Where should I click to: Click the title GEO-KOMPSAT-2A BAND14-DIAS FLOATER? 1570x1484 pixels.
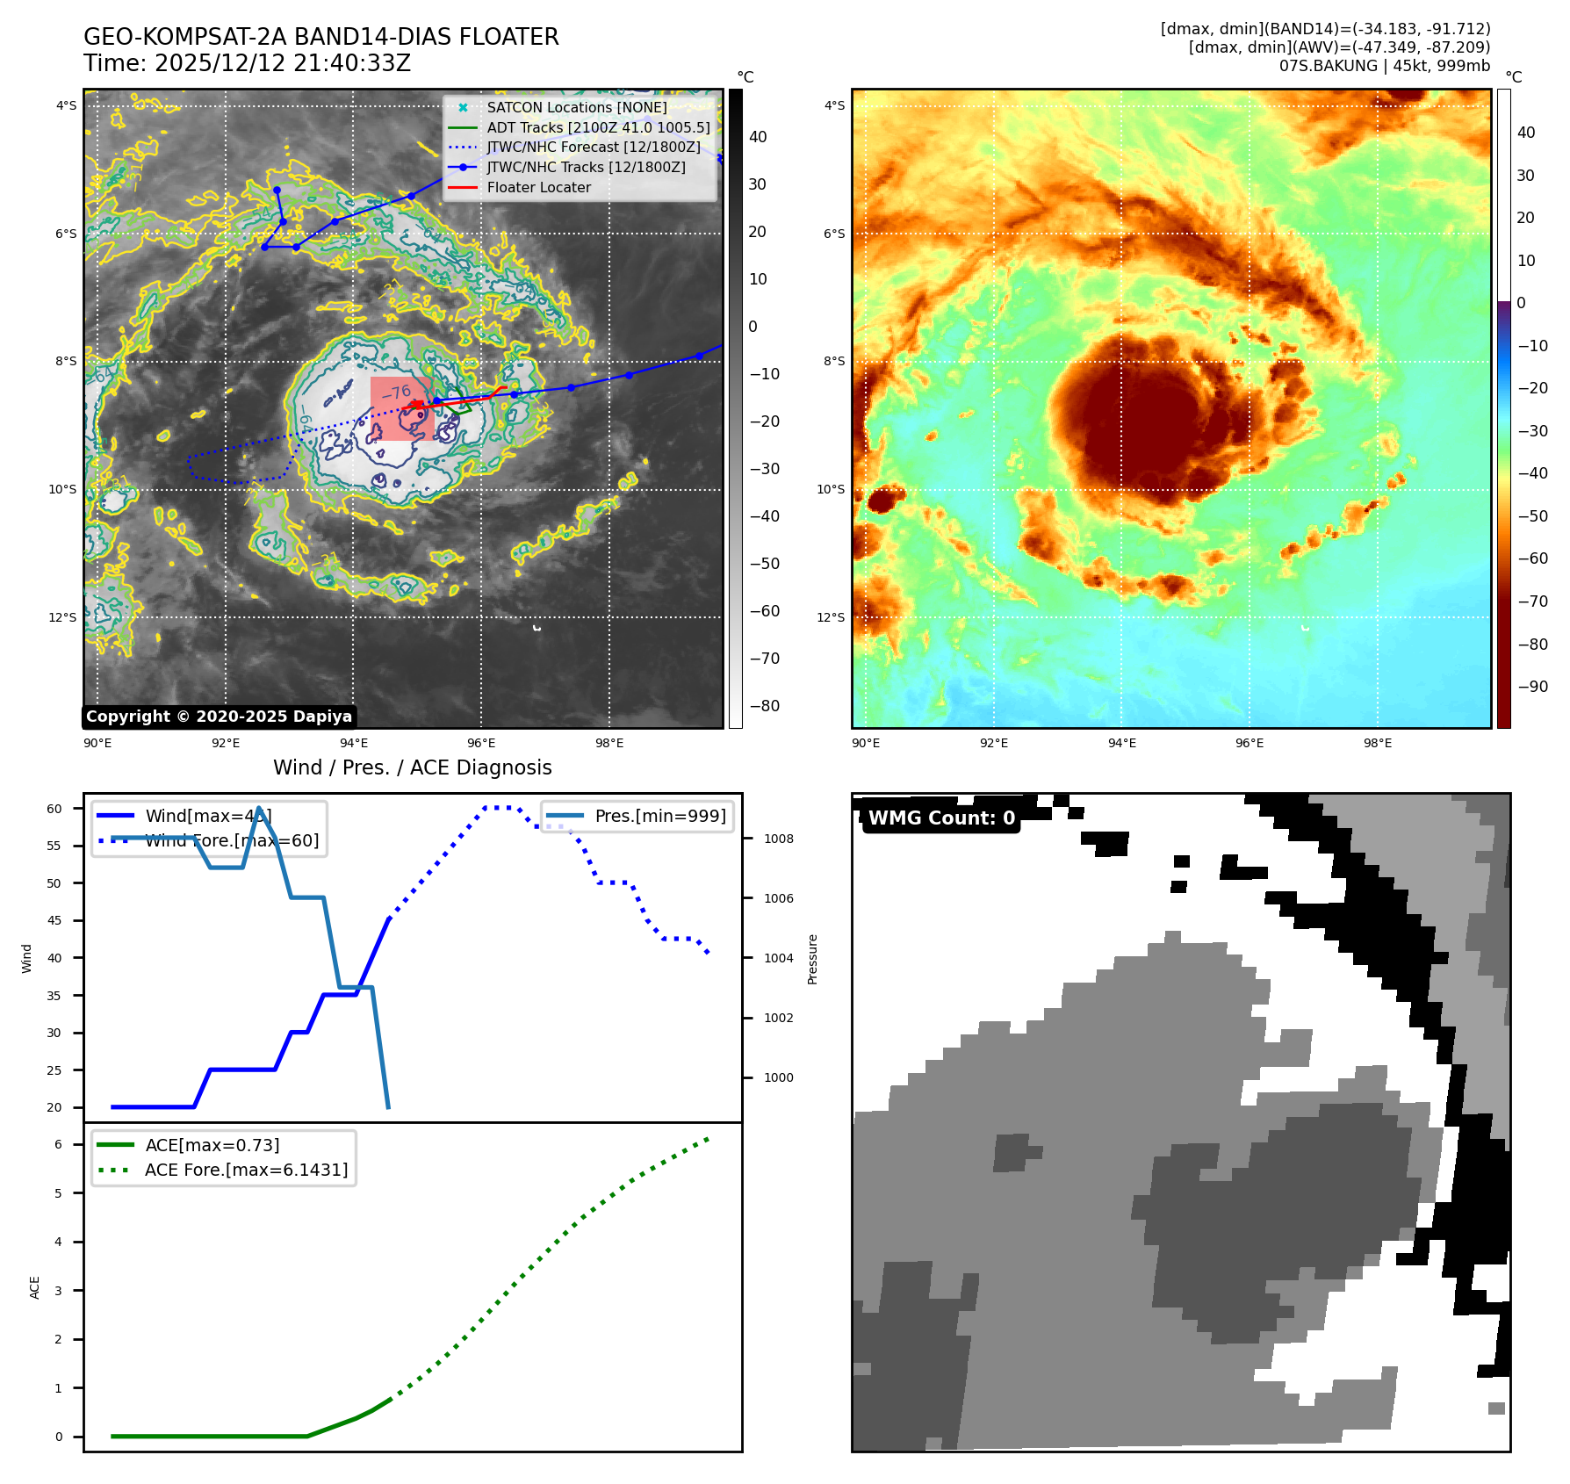tap(320, 37)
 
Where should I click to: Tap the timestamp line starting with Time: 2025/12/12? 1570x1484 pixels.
tap(247, 63)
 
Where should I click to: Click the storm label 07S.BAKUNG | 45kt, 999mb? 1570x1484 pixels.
tap(1384, 66)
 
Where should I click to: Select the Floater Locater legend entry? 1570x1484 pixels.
tap(538, 187)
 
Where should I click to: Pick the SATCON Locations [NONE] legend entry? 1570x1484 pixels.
tap(576, 107)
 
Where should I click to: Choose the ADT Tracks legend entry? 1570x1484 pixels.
tap(598, 127)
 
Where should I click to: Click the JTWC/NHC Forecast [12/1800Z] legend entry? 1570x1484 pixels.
tap(594, 147)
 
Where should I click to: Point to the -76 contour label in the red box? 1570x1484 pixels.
tap(396, 392)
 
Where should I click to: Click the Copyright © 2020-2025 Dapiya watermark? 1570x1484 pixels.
tap(219, 717)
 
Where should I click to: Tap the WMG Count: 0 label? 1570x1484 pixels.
tap(941, 818)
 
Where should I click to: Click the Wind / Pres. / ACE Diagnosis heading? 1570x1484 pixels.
tap(412, 767)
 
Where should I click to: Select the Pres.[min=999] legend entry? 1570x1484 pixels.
tap(660, 816)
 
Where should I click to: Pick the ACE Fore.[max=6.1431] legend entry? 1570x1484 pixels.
tap(246, 1170)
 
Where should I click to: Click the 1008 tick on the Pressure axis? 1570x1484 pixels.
tap(778, 839)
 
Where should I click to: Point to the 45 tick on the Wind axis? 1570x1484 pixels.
tap(54, 920)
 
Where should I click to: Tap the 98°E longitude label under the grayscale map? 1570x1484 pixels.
tap(609, 743)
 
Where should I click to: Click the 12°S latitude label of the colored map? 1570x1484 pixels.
tap(831, 617)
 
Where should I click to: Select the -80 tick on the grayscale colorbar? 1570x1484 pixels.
tap(764, 706)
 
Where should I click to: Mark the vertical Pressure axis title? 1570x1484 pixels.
tap(812, 959)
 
